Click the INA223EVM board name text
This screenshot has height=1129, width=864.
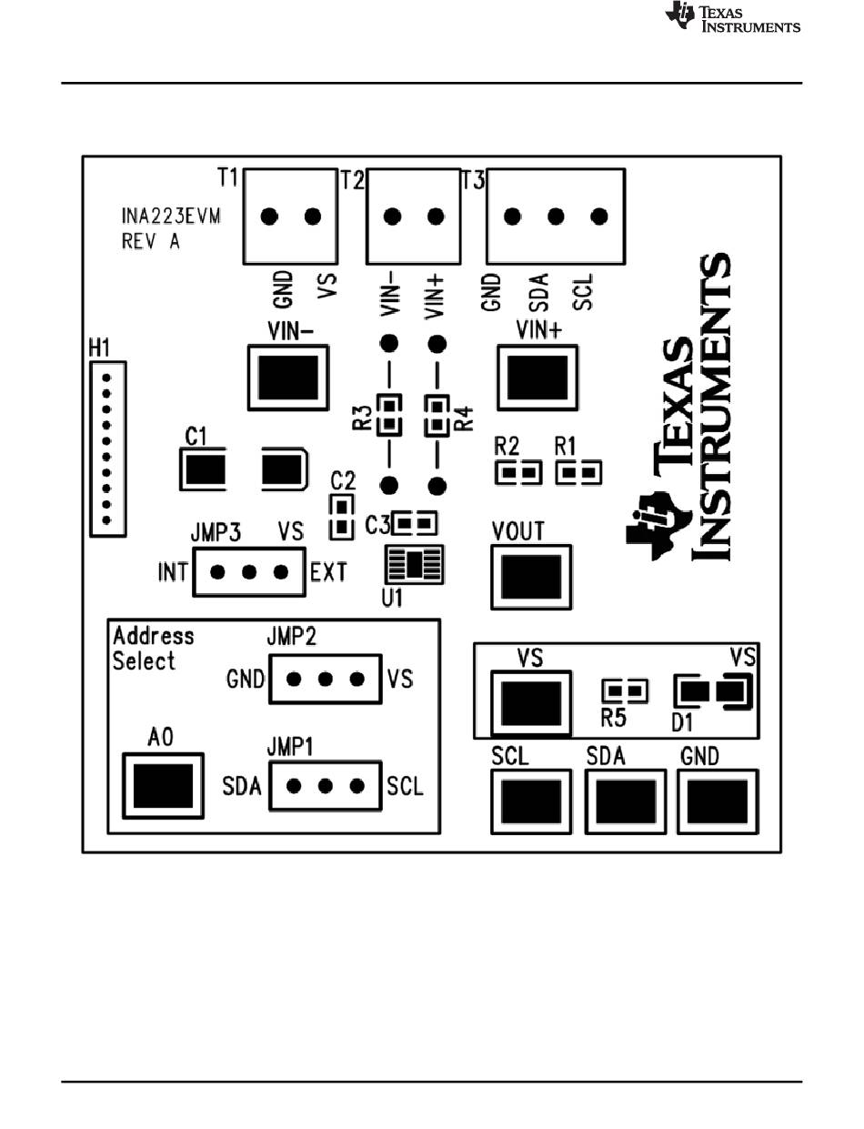[171, 216]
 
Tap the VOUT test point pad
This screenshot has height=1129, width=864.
[531, 577]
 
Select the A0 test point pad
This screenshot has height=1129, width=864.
[163, 786]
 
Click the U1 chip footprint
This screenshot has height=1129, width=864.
[414, 564]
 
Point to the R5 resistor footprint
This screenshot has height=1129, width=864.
[625, 691]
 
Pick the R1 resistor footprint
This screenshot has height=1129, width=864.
[578, 473]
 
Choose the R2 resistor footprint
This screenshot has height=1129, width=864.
[518, 473]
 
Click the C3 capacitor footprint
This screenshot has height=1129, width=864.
[415, 523]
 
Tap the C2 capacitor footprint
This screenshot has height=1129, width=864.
[342, 517]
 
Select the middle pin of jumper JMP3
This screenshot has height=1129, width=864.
[249, 572]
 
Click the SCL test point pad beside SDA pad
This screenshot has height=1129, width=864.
[531, 801]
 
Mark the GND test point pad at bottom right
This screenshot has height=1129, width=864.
[718, 801]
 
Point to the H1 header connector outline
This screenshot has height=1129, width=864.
[108, 449]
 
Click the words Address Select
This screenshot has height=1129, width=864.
[153, 649]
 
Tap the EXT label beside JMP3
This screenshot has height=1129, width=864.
[328, 572]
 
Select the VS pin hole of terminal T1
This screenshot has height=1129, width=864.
[313, 217]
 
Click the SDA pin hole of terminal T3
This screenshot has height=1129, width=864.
[556, 217]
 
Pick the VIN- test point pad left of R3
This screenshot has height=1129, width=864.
[288, 378]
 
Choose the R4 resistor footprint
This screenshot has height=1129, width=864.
[437, 416]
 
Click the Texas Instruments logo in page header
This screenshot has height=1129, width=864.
[733, 17]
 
